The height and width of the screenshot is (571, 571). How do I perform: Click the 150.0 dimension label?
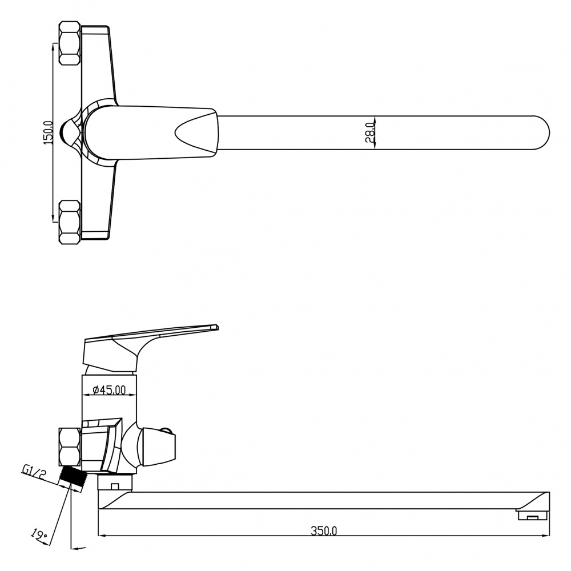[48, 132]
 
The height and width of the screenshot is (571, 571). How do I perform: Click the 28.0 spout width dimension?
[369, 132]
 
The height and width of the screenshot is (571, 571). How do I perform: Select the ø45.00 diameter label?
[109, 390]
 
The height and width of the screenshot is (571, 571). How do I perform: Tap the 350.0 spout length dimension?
[324, 530]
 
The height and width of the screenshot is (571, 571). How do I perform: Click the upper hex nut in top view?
[70, 43]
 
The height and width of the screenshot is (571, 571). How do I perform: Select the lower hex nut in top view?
[70, 222]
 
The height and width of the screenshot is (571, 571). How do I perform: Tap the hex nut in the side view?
[69, 447]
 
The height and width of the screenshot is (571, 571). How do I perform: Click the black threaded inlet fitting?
[73, 478]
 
